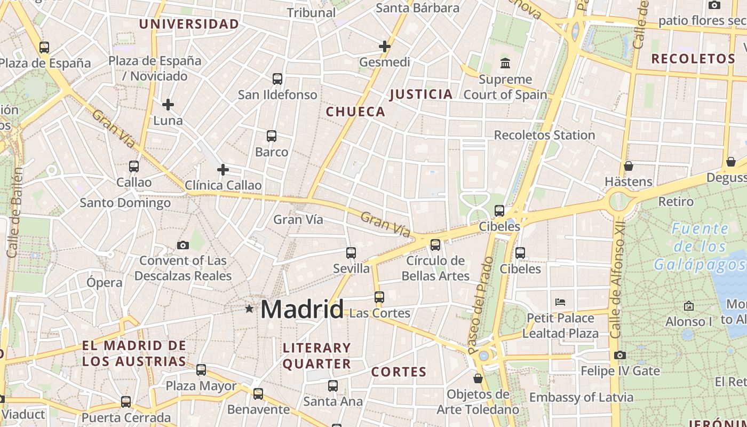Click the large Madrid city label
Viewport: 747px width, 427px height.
(x=302, y=310)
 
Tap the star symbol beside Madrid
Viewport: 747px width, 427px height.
(x=249, y=309)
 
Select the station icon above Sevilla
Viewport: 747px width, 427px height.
(x=351, y=253)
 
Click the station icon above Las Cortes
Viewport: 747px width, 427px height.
(x=379, y=297)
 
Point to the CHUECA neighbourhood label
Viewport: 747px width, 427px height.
(x=355, y=112)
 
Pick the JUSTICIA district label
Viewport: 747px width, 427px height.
(x=421, y=94)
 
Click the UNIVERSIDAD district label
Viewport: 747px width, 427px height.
(x=189, y=24)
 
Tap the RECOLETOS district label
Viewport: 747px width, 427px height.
(x=693, y=59)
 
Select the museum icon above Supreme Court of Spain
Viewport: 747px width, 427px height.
(x=505, y=64)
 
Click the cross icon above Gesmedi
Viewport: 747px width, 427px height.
(x=385, y=46)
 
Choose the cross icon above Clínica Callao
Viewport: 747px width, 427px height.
(x=223, y=170)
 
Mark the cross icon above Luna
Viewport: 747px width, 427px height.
(x=168, y=105)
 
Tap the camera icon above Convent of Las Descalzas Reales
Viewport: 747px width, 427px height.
(x=183, y=245)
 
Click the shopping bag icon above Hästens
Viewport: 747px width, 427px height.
(x=629, y=166)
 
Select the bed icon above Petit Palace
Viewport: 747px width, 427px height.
(x=560, y=302)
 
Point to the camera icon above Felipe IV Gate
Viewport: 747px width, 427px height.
(x=619, y=355)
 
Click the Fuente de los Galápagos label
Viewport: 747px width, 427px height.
(x=692, y=247)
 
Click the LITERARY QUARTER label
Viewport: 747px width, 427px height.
(x=316, y=356)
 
